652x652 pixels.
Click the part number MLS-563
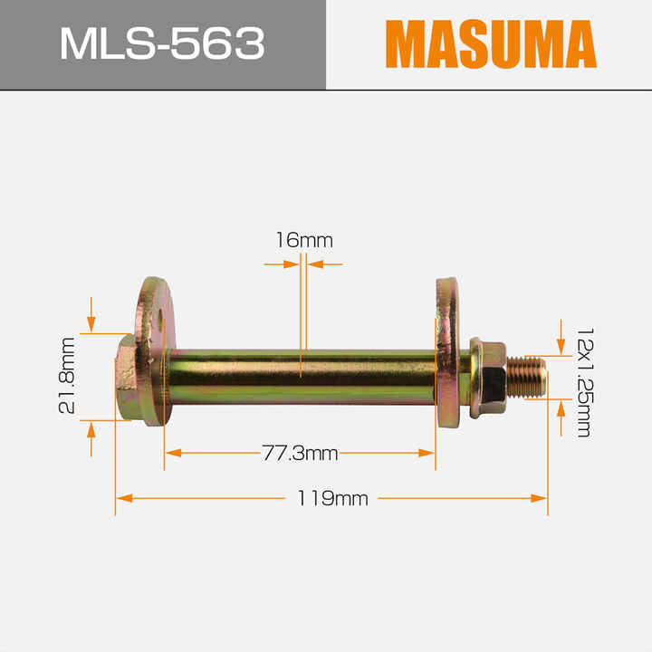pyautogui.click(x=162, y=43)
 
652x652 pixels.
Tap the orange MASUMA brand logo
pyautogui.click(x=491, y=43)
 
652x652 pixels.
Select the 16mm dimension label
pyautogui.click(x=304, y=240)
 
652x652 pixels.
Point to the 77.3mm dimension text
pyautogui.click(x=300, y=453)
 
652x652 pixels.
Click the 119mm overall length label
pyautogui.click(x=332, y=498)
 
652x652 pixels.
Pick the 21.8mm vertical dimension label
pyautogui.click(x=67, y=376)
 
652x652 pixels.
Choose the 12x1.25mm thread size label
pyautogui.click(x=585, y=382)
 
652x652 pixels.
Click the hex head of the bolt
pyautogui.click(x=126, y=378)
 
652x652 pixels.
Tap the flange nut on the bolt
pyautogui.click(x=488, y=378)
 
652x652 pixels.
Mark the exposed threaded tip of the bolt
pyautogui.click(x=526, y=377)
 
